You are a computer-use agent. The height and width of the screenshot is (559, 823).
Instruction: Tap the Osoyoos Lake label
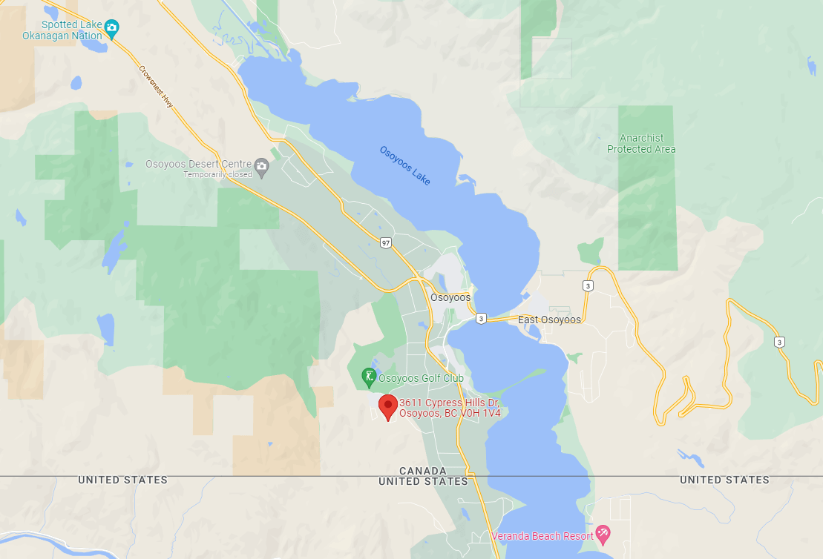point(404,165)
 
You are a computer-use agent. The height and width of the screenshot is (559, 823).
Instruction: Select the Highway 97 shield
point(384,243)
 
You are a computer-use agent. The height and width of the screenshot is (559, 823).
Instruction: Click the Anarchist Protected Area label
point(641,144)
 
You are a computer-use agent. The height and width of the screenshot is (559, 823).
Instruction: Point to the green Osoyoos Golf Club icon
point(368,378)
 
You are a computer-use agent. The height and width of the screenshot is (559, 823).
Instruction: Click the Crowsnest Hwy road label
point(156,87)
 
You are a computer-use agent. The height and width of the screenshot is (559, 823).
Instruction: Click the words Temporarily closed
point(220,175)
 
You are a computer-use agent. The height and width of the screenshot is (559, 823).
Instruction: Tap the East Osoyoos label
point(549,320)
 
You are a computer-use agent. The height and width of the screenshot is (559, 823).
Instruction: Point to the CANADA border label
point(423,471)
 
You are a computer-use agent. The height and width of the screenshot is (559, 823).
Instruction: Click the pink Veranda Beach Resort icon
point(603,534)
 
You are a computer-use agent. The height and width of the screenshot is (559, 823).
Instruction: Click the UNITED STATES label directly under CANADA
point(423,481)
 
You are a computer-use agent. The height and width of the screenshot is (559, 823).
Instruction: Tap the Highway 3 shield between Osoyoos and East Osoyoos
point(481,318)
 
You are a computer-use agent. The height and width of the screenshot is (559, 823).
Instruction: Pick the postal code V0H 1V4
point(479,413)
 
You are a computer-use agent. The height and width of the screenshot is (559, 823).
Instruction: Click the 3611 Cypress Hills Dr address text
point(449,403)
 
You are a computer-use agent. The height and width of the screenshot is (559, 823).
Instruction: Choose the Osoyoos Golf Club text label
point(422,378)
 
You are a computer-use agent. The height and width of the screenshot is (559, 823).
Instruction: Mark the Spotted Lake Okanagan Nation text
point(62,30)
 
